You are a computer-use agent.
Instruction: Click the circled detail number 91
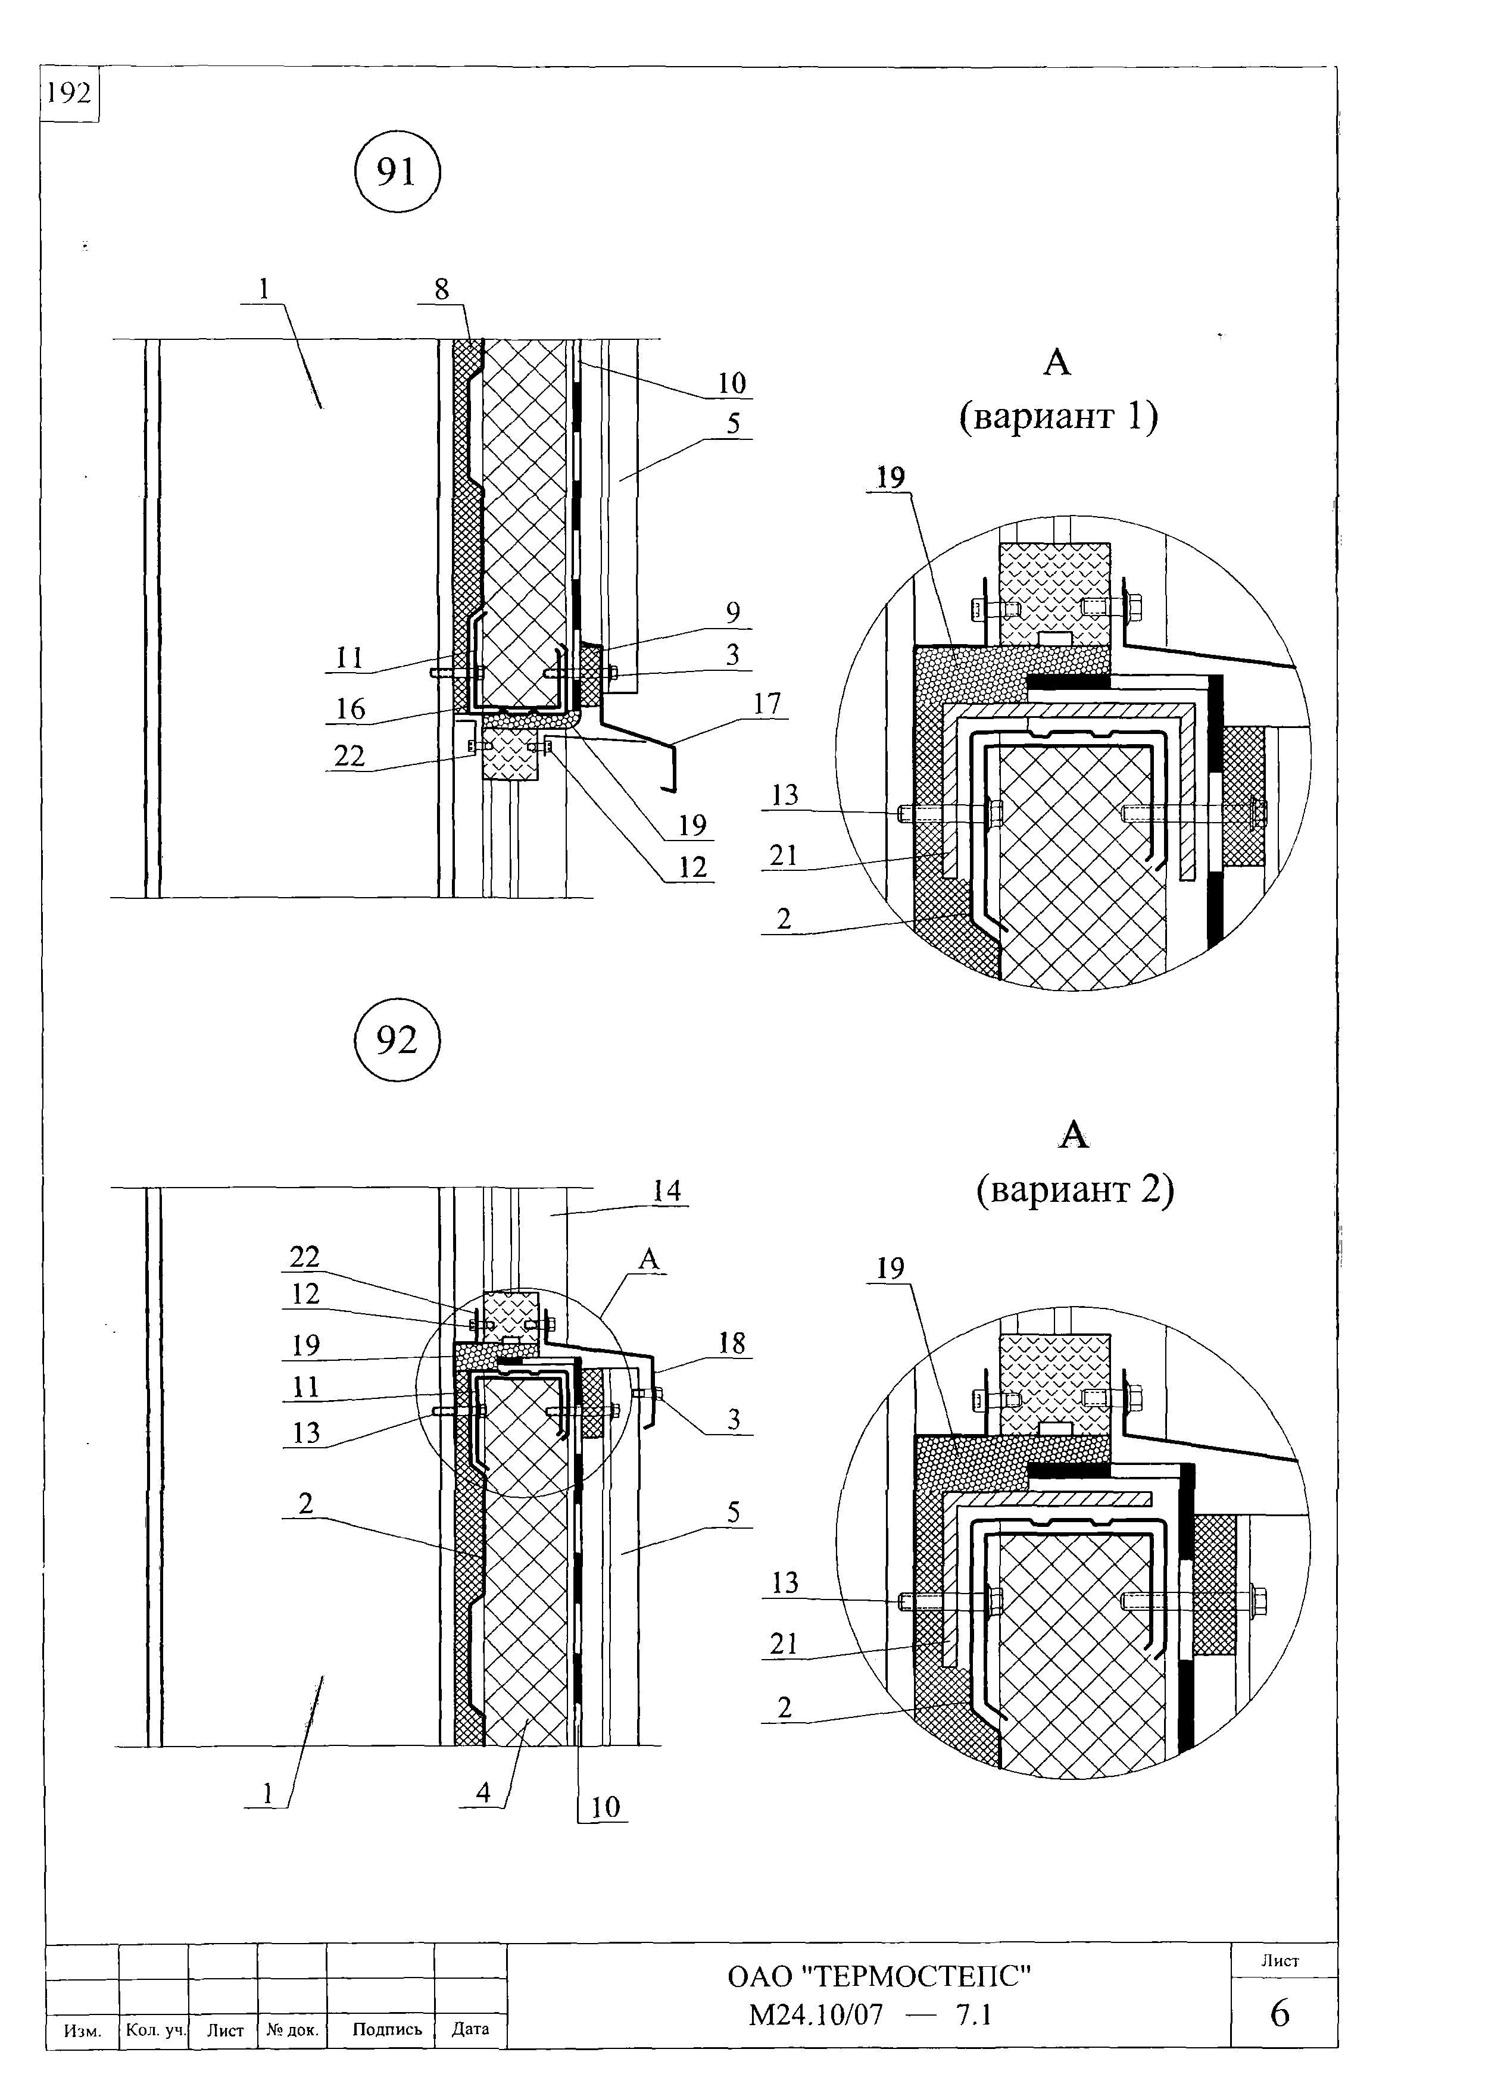[398, 172]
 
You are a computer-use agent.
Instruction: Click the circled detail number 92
[398, 1040]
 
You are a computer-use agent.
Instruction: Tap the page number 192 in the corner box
[69, 93]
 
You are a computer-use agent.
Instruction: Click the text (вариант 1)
[1059, 416]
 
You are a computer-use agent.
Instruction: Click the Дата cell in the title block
[470, 2029]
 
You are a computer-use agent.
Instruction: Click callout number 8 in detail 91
[442, 289]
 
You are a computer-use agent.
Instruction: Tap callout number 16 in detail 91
[350, 709]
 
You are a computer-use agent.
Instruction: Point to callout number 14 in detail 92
[666, 1191]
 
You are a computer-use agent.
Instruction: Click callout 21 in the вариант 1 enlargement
[783, 855]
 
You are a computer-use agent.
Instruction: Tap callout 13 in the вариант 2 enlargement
[785, 1582]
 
